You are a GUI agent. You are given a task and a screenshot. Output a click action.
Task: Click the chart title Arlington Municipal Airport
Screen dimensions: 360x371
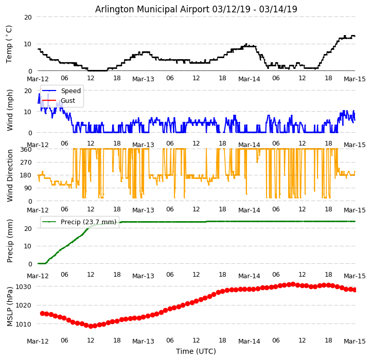coord(196,9)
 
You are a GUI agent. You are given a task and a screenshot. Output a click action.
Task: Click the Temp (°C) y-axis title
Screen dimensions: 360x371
coord(9,44)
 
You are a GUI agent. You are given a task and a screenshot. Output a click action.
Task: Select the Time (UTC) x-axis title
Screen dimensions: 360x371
coord(196,351)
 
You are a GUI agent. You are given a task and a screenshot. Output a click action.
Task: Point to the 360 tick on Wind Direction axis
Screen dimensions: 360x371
coord(26,149)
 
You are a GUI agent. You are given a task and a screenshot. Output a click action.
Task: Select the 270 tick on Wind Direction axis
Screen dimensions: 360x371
coord(26,162)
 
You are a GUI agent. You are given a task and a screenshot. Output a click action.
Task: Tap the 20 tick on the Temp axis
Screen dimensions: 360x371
coord(28,17)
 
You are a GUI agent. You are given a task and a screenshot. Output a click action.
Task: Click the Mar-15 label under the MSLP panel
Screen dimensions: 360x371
coord(355,341)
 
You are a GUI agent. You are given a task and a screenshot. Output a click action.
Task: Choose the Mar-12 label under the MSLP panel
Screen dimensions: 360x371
coord(38,341)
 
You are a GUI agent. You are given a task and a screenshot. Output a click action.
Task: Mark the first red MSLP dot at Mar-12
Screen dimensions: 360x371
coord(42,313)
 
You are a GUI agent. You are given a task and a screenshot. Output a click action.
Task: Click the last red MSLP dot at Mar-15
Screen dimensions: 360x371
coord(355,290)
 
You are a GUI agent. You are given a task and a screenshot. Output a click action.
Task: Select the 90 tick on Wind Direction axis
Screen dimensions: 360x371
coord(28,188)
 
